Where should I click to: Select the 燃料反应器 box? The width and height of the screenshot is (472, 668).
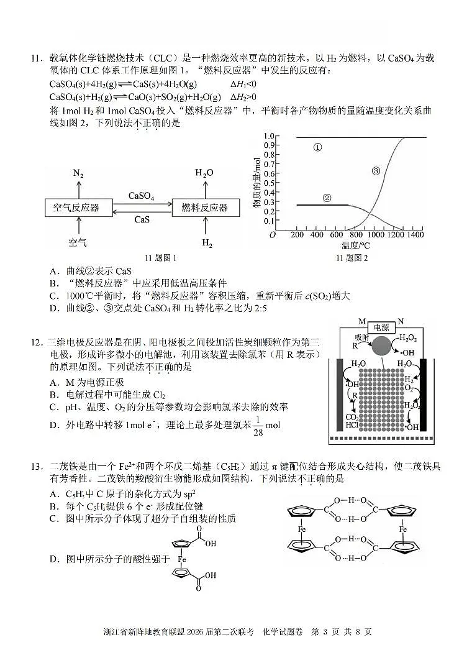click(204, 208)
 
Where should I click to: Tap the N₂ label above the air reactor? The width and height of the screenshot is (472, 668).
click(78, 173)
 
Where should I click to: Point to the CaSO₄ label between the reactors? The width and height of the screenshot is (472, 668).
click(141, 196)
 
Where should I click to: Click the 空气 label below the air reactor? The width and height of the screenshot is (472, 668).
click(78, 242)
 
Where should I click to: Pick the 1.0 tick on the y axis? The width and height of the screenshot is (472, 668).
click(269, 136)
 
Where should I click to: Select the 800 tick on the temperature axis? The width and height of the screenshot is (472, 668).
click(356, 235)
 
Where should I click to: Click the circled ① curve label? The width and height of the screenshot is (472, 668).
click(317, 148)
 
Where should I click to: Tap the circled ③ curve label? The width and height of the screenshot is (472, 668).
click(375, 171)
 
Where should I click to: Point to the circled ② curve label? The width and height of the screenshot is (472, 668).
click(327, 198)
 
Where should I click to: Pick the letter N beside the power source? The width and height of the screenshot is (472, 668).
click(401, 321)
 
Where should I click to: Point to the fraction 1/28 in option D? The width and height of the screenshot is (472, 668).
click(258, 426)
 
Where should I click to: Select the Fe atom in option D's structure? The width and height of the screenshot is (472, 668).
click(182, 559)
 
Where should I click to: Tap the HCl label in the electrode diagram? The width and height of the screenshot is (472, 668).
click(352, 425)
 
